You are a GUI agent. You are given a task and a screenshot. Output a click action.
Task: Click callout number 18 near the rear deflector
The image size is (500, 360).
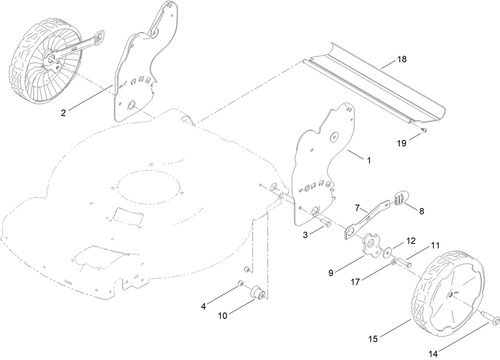(x=401, y=60)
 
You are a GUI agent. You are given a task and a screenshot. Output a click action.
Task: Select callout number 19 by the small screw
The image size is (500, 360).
(x=401, y=143)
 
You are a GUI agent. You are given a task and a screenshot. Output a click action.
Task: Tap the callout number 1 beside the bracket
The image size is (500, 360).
(x=369, y=160)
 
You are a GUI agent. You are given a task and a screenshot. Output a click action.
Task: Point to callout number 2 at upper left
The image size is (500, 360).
(x=64, y=113)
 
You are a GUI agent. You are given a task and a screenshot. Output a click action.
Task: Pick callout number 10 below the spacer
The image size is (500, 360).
(x=223, y=316)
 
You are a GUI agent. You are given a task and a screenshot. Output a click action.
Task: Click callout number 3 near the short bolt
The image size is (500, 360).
(x=306, y=234)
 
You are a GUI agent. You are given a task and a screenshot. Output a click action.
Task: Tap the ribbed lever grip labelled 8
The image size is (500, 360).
(x=401, y=197)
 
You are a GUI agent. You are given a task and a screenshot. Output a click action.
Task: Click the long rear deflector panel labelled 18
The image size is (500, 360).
(x=375, y=84)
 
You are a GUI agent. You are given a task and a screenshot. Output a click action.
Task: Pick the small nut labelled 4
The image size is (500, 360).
(x=241, y=285)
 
